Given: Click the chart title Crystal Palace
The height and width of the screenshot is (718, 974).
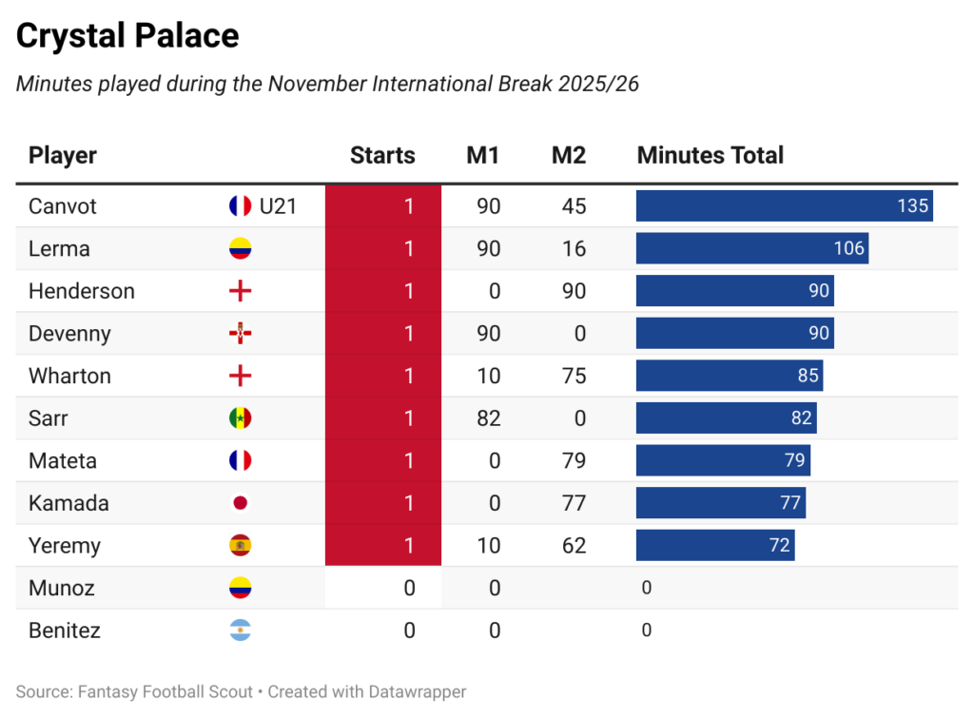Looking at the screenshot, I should point(127,36).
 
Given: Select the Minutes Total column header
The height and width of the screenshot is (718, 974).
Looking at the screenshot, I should point(710,156).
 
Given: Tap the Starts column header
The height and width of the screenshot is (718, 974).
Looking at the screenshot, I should point(382,156).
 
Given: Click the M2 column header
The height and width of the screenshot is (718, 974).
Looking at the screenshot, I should point(568,156).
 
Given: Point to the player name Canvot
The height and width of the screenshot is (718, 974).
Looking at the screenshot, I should point(63,206).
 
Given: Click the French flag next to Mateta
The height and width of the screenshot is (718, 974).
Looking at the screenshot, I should point(240,461).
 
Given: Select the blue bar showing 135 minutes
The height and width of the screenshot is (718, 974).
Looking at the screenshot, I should point(784,206).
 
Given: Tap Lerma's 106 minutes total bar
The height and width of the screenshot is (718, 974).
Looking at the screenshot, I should point(751,249).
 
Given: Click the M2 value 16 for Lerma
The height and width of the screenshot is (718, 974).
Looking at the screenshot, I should point(574,249).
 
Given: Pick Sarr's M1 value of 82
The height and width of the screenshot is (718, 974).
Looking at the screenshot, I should point(488,418).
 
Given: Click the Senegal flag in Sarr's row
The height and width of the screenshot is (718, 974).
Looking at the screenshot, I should point(240,418).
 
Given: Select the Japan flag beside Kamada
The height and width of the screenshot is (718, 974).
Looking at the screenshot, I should point(240,503).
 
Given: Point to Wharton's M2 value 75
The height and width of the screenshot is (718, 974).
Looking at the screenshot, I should point(574,376).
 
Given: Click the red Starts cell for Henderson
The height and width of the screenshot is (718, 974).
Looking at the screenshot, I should point(383,291).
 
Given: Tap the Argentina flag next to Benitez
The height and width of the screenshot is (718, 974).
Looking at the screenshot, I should point(240,631).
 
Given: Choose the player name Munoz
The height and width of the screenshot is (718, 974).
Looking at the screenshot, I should point(62,588).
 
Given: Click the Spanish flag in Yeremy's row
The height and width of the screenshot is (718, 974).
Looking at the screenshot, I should point(240,546).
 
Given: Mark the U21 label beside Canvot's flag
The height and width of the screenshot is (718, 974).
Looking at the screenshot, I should point(278,206).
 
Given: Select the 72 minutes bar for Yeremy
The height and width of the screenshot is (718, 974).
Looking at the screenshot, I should point(715,546).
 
